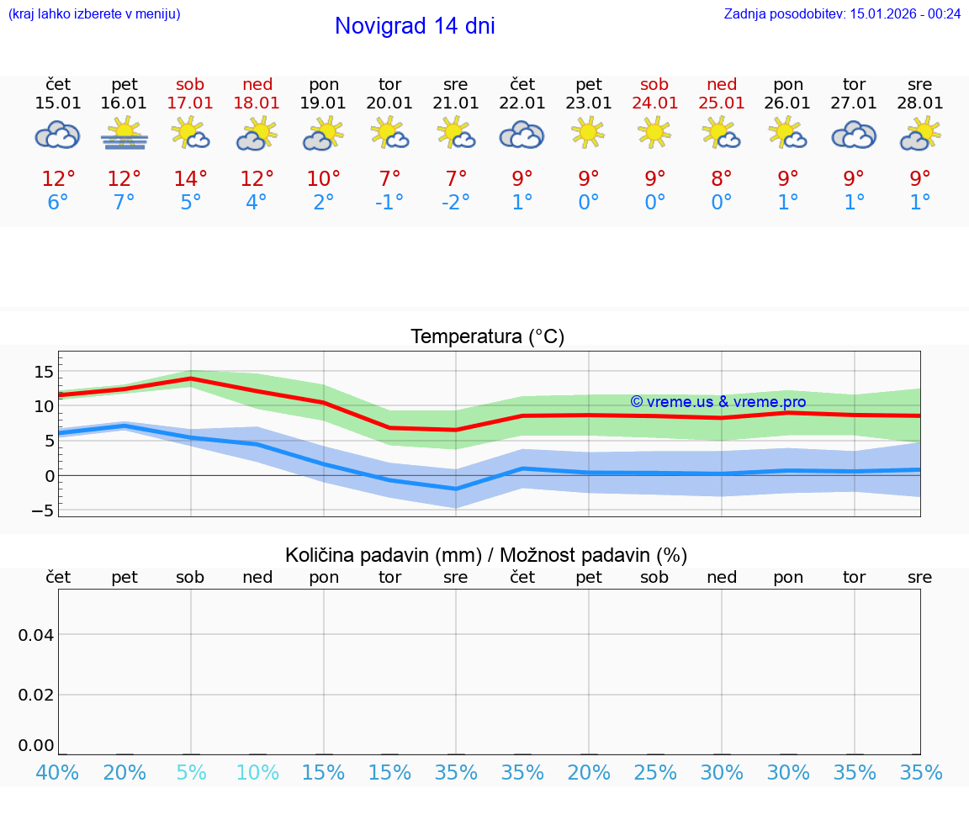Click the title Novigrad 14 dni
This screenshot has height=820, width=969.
[415, 26]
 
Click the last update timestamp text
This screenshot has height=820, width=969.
[842, 14]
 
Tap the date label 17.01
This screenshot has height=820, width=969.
[190, 103]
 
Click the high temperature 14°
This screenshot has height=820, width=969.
[190, 179]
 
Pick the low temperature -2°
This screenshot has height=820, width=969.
[455, 203]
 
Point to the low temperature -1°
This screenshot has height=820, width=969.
[389, 203]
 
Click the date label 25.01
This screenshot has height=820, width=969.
[722, 103]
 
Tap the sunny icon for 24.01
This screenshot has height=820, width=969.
[654, 133]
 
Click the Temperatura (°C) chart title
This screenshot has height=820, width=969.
[487, 337]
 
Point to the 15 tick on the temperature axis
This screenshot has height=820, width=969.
[45, 372]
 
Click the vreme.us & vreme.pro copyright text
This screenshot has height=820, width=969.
[718, 402]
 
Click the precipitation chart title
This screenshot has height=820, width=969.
[486, 555]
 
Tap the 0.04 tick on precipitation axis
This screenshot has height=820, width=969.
[36, 635]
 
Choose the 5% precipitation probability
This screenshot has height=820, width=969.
[191, 773]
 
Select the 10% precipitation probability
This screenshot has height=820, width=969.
[257, 773]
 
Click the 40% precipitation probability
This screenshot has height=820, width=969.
[58, 773]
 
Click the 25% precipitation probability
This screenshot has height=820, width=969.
[655, 773]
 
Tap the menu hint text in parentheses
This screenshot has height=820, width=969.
[94, 14]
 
